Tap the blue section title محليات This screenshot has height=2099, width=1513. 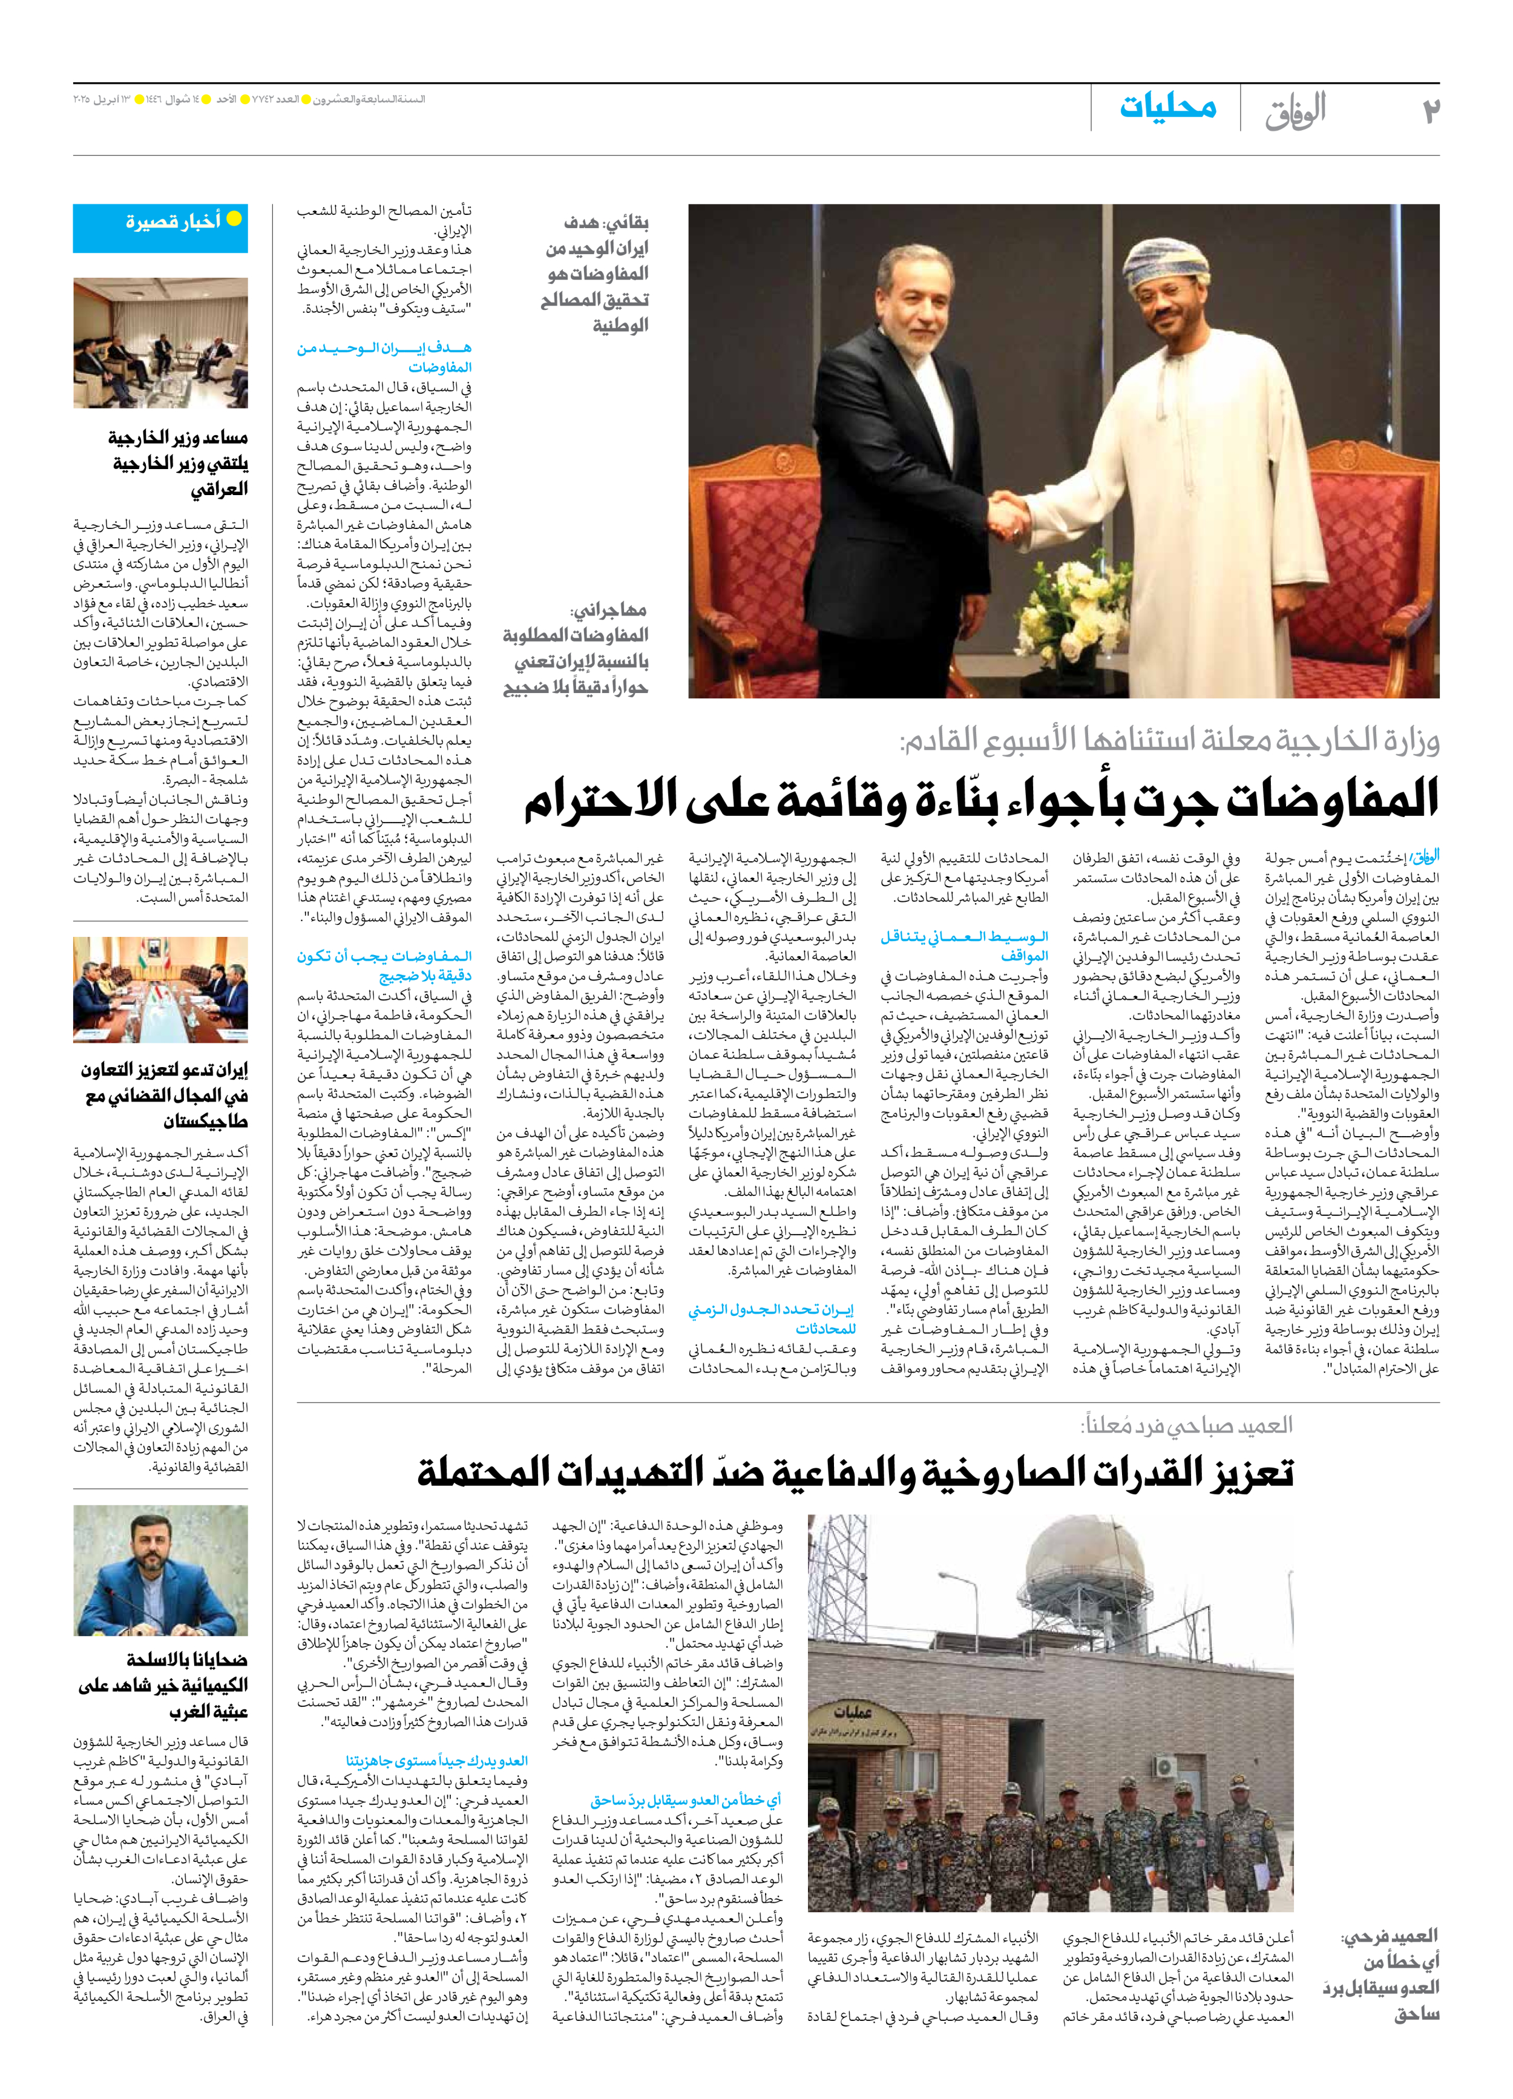[1168, 107]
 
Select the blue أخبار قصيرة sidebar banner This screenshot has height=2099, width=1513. [160, 228]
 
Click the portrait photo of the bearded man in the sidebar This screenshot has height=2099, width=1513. [160, 1569]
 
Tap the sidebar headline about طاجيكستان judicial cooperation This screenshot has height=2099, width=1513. [165, 1095]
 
